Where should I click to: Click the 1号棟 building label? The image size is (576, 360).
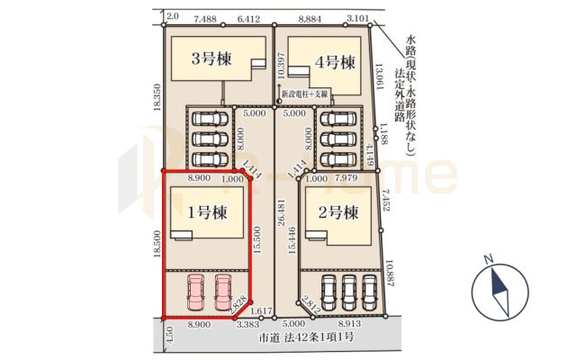pyautogui.click(x=206, y=213)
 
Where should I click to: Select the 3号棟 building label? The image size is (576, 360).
pyautogui.click(x=211, y=60)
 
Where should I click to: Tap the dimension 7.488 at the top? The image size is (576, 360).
pyautogui.click(x=206, y=17)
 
